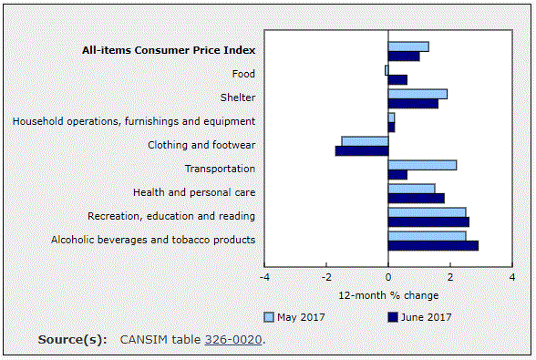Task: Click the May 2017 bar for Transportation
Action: (x=422, y=165)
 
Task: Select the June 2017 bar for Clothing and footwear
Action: (x=362, y=150)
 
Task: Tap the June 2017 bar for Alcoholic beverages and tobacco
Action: (x=433, y=245)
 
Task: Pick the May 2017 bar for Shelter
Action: (x=417, y=94)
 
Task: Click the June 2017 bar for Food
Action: (x=397, y=79)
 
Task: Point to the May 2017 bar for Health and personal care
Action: (x=411, y=189)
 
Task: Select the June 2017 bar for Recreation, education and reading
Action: (x=428, y=221)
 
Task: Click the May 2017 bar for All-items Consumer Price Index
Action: (x=408, y=46)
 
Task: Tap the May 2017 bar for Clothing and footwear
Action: (x=365, y=141)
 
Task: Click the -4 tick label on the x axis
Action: (x=264, y=277)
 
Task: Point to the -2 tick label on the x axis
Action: (x=326, y=277)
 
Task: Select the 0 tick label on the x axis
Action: (x=388, y=277)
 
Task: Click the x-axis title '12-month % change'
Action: (x=388, y=295)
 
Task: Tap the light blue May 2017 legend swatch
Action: (x=269, y=317)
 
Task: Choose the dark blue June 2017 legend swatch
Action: (x=393, y=317)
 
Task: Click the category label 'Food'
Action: (x=243, y=74)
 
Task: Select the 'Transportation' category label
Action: (x=220, y=169)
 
